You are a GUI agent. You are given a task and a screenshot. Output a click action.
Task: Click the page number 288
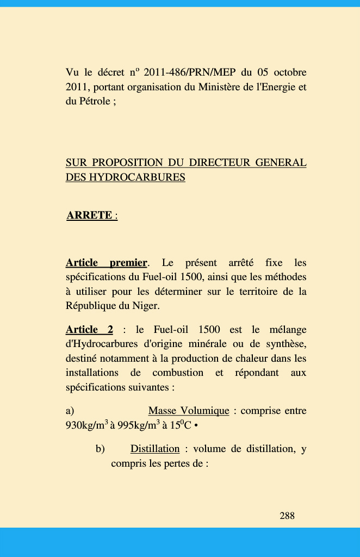click(x=287, y=515)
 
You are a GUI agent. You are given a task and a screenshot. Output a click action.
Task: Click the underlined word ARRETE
click(x=89, y=215)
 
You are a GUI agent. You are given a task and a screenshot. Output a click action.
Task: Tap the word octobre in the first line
click(x=290, y=72)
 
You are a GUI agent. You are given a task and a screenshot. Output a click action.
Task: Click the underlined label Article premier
click(x=106, y=263)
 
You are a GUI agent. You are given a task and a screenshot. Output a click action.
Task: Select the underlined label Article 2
click(x=89, y=330)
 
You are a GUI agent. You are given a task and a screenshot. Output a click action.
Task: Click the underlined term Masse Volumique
click(x=188, y=411)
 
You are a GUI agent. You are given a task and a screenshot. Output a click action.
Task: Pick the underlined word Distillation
click(x=155, y=449)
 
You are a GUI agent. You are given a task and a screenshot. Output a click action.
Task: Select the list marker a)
click(x=70, y=411)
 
